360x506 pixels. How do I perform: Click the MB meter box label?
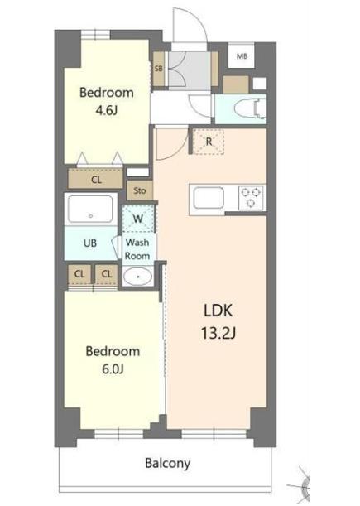tap(242, 56)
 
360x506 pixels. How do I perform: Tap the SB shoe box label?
tap(158, 69)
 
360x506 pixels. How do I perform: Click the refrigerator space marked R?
tap(209, 142)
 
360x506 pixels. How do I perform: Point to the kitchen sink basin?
tap(209, 198)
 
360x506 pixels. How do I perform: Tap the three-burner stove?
tap(252, 197)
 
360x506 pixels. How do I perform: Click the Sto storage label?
tap(140, 190)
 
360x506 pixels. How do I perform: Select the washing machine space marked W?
tap(138, 219)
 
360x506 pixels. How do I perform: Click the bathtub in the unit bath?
tap(90, 210)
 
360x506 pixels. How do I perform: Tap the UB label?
tap(90, 243)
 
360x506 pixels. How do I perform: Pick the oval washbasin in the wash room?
tap(138, 277)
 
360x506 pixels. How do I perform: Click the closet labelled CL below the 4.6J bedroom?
tap(95, 178)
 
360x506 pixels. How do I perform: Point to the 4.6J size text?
tap(106, 111)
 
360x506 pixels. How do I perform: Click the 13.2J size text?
tap(218, 333)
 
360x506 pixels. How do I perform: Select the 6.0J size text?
tap(113, 369)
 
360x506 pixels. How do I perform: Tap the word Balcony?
tap(167, 464)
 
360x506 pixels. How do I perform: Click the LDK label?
tap(218, 311)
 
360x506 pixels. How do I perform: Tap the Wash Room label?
tap(137, 248)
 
